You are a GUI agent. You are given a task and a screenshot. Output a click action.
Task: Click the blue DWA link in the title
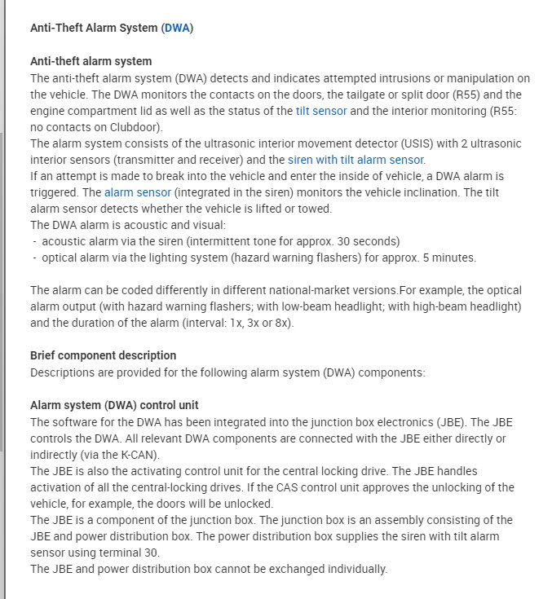click(x=177, y=28)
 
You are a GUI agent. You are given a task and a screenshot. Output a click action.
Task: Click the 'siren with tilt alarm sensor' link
click(x=356, y=160)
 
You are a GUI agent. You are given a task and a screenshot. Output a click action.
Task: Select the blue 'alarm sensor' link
click(x=138, y=192)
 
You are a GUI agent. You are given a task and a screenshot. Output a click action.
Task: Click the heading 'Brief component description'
click(x=103, y=356)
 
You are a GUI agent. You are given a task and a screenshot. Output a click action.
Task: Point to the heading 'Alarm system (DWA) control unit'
click(x=114, y=405)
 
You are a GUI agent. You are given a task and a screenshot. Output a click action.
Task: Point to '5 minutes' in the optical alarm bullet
click(x=448, y=258)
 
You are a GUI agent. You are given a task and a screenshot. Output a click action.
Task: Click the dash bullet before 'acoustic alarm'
click(x=35, y=241)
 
